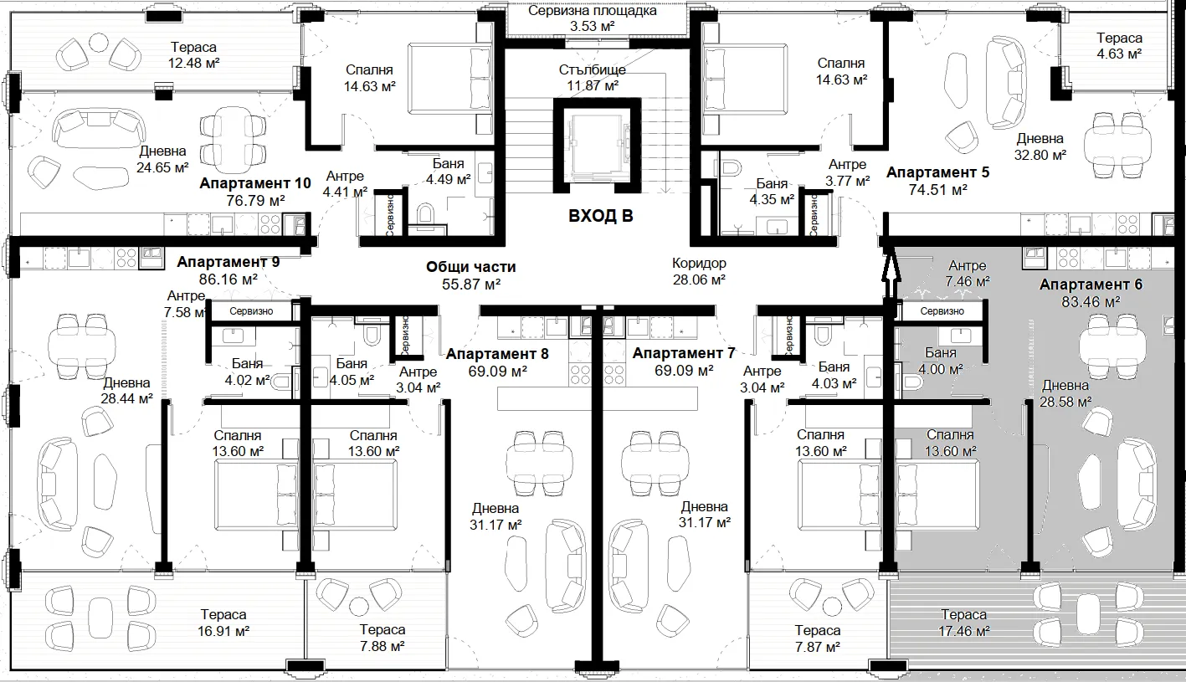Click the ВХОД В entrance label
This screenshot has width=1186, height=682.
pyautogui.click(x=600, y=216)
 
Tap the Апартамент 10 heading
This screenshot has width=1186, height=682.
pyautogui.click(x=254, y=184)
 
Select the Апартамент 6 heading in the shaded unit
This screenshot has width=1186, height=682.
pyautogui.click(x=1091, y=285)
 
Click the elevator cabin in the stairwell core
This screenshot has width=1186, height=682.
pyautogui.click(x=598, y=145)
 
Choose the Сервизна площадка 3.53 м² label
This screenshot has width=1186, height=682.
pyautogui.click(x=593, y=18)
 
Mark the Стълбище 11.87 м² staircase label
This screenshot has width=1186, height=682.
pyautogui.click(x=593, y=77)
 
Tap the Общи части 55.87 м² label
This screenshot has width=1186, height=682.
pyautogui.click(x=470, y=275)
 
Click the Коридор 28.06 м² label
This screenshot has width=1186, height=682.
pyautogui.click(x=699, y=271)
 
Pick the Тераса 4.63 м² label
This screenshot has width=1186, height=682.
pyautogui.click(x=1119, y=45)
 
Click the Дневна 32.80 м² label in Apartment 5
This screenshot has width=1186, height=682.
pyautogui.click(x=1040, y=146)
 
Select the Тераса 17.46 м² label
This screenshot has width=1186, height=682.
pyautogui.click(x=963, y=623)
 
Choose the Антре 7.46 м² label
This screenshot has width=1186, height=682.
pyautogui.click(x=968, y=274)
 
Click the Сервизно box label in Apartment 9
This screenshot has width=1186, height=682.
pyautogui.click(x=251, y=311)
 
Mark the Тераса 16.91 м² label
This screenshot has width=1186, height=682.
pyautogui.click(x=223, y=623)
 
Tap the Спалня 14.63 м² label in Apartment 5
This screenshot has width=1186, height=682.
pyautogui.click(x=841, y=71)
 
